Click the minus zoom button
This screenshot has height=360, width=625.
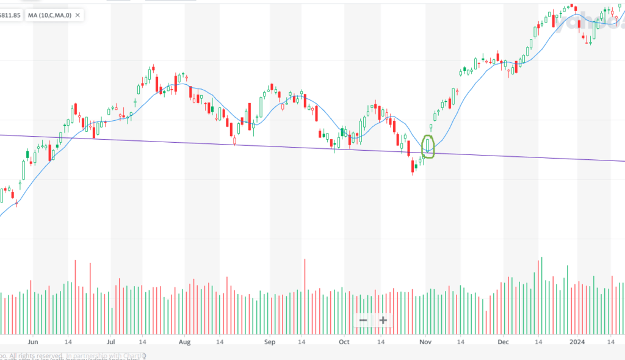pyautogui.click(x=363, y=320)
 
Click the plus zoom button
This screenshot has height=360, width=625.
pyautogui.click(x=383, y=320)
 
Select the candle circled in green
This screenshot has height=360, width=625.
pyautogui.click(x=428, y=145)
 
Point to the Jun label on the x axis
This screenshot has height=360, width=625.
pyautogui.click(x=33, y=343)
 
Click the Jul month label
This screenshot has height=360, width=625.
pyautogui.click(x=111, y=343)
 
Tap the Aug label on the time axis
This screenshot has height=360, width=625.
pyautogui.click(x=185, y=343)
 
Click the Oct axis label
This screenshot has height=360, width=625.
pyautogui.click(x=345, y=343)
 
